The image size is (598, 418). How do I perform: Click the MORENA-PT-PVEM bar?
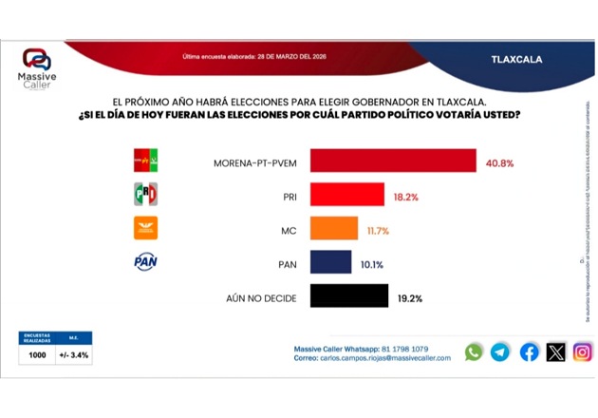393,161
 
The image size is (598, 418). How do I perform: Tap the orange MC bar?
334,229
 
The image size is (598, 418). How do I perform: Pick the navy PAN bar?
331,262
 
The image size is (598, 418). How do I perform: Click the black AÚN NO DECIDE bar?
349,296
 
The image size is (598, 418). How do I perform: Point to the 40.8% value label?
499,162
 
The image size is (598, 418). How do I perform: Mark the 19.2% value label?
410,297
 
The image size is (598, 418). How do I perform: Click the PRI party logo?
145,195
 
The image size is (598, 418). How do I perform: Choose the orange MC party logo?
145,228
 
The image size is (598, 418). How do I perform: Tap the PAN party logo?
145,262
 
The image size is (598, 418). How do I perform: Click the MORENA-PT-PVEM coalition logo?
145,161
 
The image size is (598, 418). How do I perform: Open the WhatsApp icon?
474,352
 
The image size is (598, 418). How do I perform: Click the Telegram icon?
500,352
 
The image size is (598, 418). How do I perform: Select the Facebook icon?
530,352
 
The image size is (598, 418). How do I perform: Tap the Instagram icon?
583,352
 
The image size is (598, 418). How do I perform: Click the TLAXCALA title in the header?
517,59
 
